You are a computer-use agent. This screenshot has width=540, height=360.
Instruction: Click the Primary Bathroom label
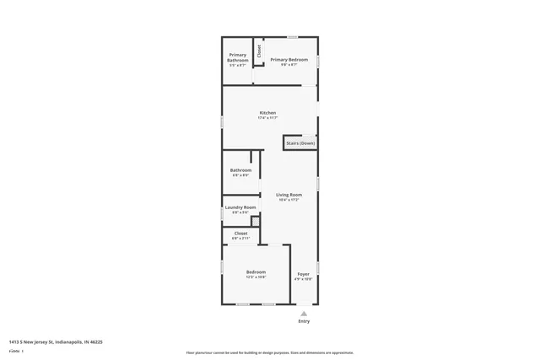pos(237,57)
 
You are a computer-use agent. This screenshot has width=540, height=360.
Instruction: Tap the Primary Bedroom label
pos(289,60)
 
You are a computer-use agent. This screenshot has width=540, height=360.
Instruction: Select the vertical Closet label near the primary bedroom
pos(259,51)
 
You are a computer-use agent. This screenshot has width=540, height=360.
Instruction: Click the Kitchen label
pos(267,113)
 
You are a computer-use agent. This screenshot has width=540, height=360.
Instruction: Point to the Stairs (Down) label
pos(300,143)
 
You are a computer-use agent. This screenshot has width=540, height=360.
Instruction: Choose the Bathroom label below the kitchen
pos(240,170)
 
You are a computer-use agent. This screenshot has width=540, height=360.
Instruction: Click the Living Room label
pos(289,195)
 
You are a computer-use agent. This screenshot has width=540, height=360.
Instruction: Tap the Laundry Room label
pos(240,207)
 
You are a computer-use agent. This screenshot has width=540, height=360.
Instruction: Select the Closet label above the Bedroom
pos(240,234)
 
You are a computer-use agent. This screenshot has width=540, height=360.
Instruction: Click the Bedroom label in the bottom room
pos(256,271)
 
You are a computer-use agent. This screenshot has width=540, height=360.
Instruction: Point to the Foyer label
pos(303,274)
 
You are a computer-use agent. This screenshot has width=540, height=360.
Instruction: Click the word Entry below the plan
pos(304,321)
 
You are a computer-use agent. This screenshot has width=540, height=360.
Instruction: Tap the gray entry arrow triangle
pos(304,313)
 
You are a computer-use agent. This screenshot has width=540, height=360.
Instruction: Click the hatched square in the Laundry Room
pos(256,221)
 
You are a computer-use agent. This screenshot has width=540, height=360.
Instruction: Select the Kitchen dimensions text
pos(267,118)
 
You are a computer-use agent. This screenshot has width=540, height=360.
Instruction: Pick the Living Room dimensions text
pos(289,200)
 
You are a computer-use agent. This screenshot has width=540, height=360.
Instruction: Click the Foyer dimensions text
pos(303,279)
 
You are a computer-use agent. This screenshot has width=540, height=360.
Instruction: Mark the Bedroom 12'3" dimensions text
pos(256,277)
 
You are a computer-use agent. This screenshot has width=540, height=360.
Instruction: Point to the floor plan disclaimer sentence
pos(269,352)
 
